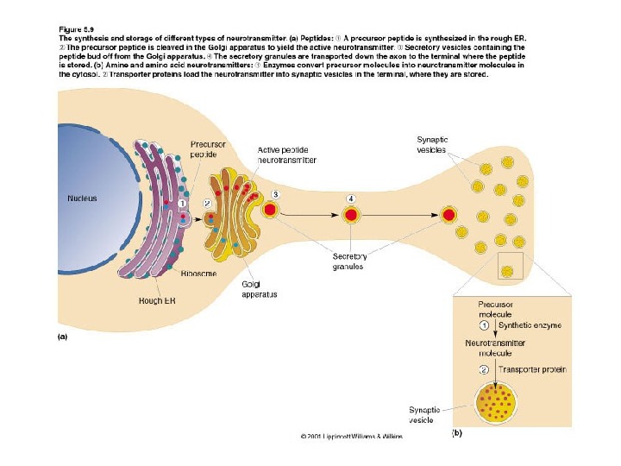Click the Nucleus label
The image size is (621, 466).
(83, 198)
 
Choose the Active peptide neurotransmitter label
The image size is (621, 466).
(287, 154)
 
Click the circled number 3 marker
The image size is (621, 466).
(275, 194)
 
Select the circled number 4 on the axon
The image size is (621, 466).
(351, 198)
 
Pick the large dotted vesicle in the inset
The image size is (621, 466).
(494, 402)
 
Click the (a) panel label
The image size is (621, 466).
(62, 338)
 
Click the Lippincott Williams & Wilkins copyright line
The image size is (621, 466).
(351, 437)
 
